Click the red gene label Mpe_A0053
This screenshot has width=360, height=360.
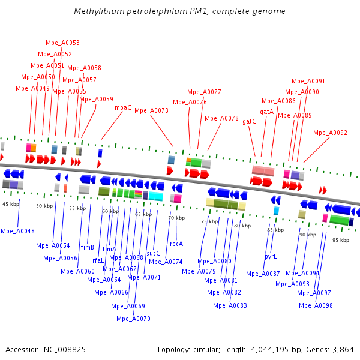click(x=62, y=43)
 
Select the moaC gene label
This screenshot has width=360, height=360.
click(x=123, y=107)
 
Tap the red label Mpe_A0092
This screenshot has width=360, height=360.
click(x=330, y=133)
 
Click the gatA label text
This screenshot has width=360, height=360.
click(x=266, y=112)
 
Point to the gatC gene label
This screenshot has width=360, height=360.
click(x=249, y=121)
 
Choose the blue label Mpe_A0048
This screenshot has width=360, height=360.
click(x=18, y=231)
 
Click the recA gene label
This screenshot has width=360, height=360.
click(x=176, y=244)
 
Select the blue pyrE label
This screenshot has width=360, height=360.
click(x=271, y=256)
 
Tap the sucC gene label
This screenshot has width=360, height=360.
click(x=154, y=253)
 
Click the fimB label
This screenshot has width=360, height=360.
click(x=88, y=247)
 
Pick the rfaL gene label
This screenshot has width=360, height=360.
click(x=98, y=260)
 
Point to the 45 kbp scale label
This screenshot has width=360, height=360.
click(x=11, y=204)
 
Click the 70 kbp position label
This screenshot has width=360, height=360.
click(x=176, y=218)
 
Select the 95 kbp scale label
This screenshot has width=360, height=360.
click(x=340, y=239)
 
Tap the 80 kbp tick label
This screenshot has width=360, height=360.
click(x=242, y=226)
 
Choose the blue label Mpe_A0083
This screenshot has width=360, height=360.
click(x=230, y=305)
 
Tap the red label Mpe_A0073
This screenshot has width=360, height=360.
click(x=151, y=110)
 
